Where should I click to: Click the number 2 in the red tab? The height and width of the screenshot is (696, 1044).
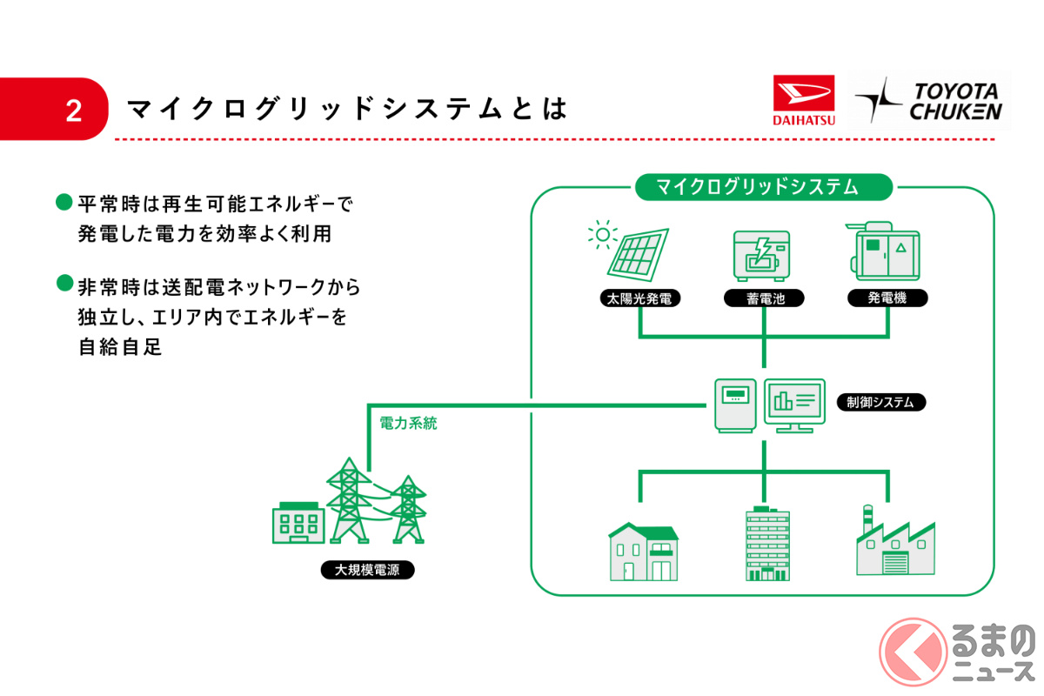(73, 110)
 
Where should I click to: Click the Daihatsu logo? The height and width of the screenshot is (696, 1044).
(803, 101)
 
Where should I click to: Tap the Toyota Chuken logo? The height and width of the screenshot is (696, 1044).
(928, 100)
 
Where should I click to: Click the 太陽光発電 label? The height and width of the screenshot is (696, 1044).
(639, 298)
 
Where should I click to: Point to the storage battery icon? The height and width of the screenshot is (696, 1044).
(763, 255)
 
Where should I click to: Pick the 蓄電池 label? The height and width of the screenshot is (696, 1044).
(763, 298)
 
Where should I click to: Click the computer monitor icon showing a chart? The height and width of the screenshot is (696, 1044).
(793, 404)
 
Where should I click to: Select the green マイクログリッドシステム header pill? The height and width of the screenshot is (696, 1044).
(762, 186)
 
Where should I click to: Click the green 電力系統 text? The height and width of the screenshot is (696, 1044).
(408, 425)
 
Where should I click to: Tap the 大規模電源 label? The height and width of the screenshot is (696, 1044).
(367, 571)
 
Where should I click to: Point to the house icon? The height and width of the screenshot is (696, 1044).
(643, 552)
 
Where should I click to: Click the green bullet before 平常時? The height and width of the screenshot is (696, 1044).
(64, 202)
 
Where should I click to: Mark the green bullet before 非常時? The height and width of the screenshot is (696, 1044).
(64, 282)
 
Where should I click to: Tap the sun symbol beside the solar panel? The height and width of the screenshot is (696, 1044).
(600, 233)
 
